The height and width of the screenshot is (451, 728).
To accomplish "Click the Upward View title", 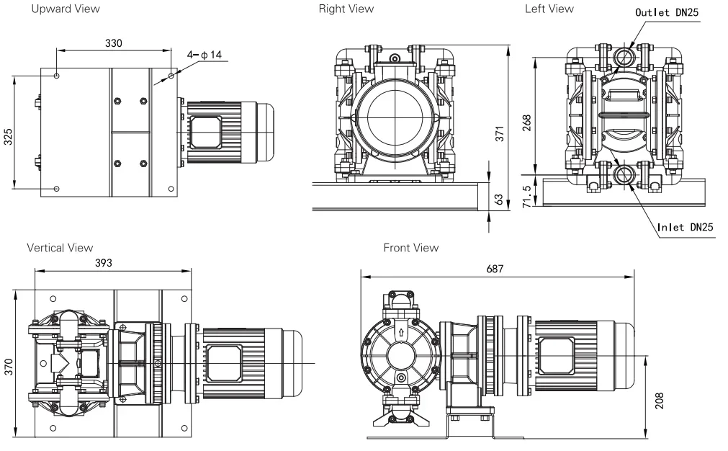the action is [66, 9].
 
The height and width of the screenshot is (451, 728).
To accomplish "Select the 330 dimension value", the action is [114, 43].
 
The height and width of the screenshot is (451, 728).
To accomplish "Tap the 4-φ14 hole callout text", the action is [205, 55].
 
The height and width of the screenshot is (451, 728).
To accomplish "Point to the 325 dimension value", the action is [9, 137].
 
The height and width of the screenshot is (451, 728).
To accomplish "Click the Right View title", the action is [346, 9].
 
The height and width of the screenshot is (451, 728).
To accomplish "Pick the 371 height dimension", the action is [500, 133].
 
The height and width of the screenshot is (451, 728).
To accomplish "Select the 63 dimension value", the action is [499, 200].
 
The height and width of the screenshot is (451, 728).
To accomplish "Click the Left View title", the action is [549, 9].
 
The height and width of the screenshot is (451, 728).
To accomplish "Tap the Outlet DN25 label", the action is [667, 12].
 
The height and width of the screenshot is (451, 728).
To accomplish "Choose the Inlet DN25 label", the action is [686, 227].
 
